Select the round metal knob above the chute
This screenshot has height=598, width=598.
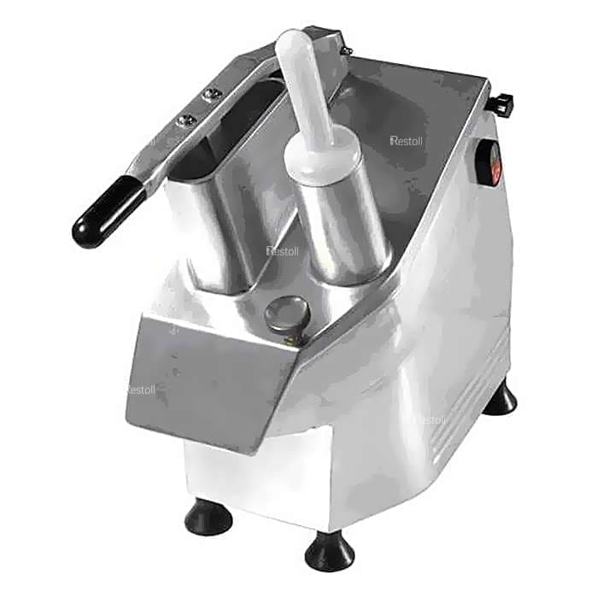284,316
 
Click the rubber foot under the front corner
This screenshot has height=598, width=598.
329,551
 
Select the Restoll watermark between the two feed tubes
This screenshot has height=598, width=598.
281,250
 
